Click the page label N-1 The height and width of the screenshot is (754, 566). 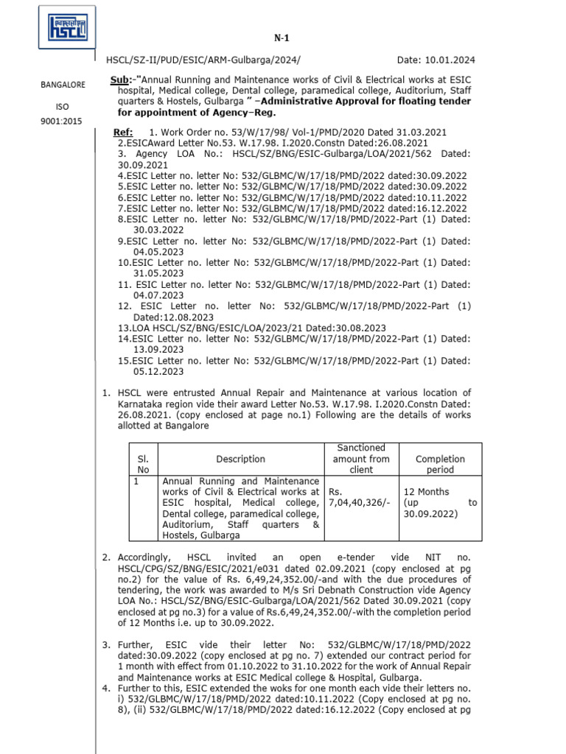point(282,36)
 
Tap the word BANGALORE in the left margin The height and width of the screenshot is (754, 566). point(63,85)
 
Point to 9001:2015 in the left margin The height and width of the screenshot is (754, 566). point(63,123)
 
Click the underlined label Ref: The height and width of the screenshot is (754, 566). point(122,132)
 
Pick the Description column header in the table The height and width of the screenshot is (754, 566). point(240,459)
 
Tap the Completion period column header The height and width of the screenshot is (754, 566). point(440,464)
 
